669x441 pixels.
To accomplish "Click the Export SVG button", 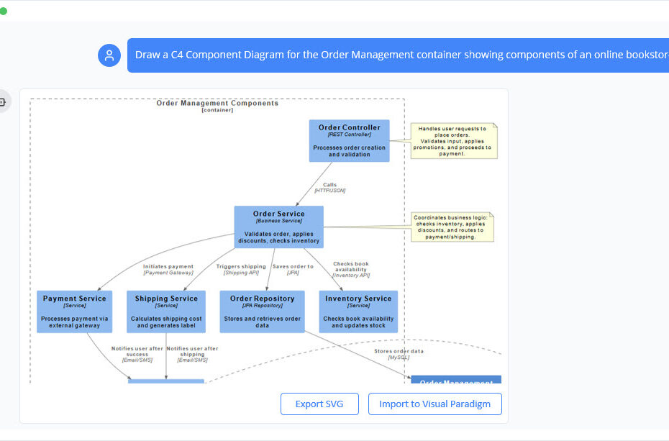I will (x=319, y=404).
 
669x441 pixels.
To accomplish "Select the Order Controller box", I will (x=349, y=140).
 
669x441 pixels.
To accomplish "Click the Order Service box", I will (x=278, y=227).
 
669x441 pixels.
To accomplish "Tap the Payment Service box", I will (x=74, y=312).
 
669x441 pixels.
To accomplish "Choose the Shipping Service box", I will (x=166, y=312).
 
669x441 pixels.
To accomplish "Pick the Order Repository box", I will (x=262, y=312).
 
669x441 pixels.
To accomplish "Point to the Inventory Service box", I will (x=358, y=312).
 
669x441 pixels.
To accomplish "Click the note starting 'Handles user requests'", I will (x=453, y=140).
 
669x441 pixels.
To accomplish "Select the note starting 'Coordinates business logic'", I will (x=452, y=227).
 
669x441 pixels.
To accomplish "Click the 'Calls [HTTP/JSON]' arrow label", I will (x=329, y=188).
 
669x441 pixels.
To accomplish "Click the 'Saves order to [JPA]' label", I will (x=293, y=270).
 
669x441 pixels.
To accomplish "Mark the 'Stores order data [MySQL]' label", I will (x=399, y=354).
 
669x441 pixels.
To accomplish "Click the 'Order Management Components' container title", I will (x=217, y=104).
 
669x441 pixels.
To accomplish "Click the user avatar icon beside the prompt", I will (x=109, y=55).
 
